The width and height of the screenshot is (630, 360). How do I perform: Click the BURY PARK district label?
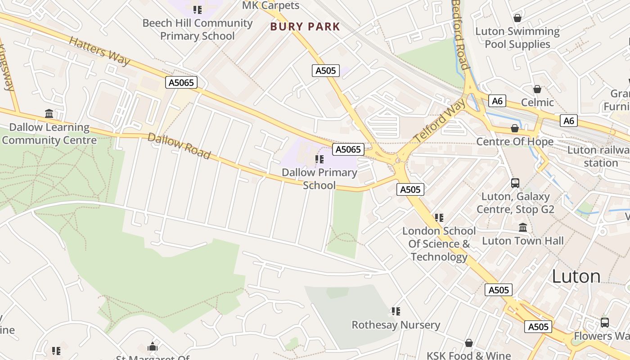pos(305,27)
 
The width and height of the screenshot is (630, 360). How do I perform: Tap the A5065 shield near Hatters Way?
pos(181,82)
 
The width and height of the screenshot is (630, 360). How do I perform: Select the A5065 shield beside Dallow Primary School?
pos(348,149)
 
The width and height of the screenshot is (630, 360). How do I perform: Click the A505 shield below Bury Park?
pos(325,71)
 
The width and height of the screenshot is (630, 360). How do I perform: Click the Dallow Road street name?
pos(179,146)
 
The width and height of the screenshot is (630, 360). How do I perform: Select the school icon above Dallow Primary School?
pos(319,159)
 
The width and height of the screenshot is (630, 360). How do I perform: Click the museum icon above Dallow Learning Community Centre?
pos(49,113)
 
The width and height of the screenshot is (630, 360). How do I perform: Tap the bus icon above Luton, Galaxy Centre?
pos(515,183)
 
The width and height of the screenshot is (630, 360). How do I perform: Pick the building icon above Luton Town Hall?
pos(522,227)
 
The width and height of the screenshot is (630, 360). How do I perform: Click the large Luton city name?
pos(576,276)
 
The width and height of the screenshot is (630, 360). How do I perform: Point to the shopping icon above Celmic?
pos(537,89)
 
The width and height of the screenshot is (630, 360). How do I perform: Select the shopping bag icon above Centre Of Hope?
pos(515,129)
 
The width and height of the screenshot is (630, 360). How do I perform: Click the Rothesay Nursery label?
pos(396,325)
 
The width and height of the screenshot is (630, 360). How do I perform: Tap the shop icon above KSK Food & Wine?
pos(469,343)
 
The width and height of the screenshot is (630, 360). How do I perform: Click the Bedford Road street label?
pos(460,34)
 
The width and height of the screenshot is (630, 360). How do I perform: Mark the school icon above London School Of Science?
pos(439,218)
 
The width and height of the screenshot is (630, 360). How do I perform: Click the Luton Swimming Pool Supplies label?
pos(517,38)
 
